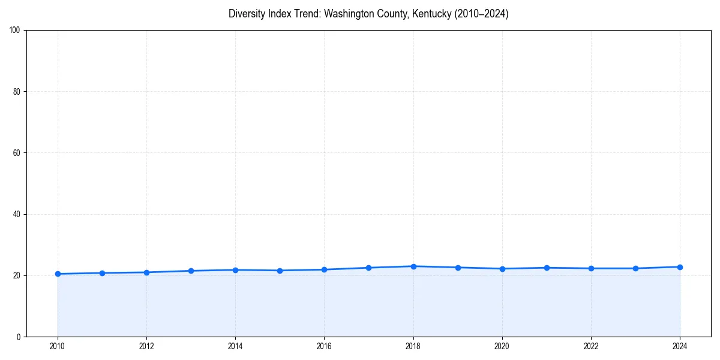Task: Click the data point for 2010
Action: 58,274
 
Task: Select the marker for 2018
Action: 413,266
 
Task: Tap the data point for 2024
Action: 680,267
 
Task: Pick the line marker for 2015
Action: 280,271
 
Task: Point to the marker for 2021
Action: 547,268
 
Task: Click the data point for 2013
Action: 191,271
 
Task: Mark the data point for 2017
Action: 368,268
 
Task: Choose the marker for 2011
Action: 102,273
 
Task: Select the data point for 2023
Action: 635,268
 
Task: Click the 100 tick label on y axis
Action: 16,31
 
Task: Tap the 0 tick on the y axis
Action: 19,337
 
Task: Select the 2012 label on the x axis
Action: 146,346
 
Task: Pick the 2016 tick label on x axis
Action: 324,346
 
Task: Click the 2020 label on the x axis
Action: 502,346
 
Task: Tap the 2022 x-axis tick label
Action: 591,346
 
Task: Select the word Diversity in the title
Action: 246,14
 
